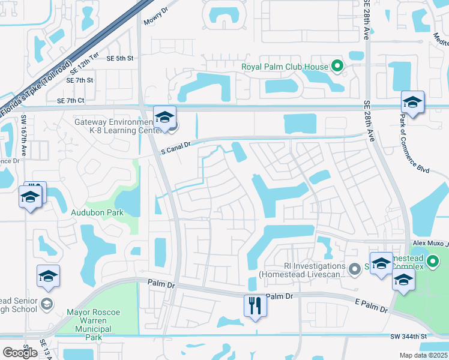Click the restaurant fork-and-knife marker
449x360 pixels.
click(255, 305)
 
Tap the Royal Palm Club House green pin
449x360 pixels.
click(338, 67)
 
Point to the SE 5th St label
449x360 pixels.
click(119, 58)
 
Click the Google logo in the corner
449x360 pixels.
click(20, 353)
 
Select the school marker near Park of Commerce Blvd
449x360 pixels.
click(412, 103)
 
